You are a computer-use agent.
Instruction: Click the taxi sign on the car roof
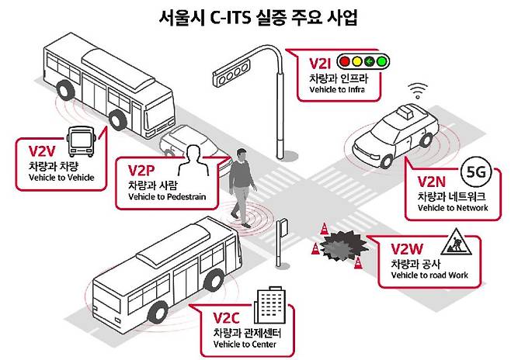click(405, 112)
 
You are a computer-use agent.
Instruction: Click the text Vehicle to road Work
click(429, 275)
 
